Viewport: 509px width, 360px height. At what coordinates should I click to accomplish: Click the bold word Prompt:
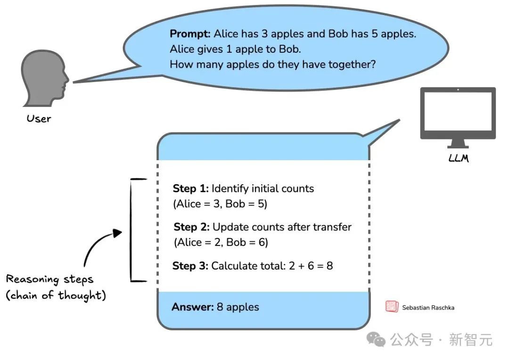click(x=190, y=34)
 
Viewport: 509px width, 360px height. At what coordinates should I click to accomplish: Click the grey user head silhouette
click(x=45, y=78)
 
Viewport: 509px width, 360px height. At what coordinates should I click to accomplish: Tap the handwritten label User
click(x=39, y=118)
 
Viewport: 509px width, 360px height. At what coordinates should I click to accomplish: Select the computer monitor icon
click(x=458, y=117)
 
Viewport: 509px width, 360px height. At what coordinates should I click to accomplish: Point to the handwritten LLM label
click(x=459, y=158)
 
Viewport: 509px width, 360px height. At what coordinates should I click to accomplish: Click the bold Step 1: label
click(x=190, y=188)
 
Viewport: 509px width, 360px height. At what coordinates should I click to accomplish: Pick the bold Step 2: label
click(x=191, y=227)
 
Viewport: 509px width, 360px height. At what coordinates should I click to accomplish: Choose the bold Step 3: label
click(x=190, y=266)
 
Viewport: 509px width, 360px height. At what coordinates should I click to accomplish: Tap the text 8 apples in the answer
click(x=238, y=307)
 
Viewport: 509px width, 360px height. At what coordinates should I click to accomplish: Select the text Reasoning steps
click(x=49, y=279)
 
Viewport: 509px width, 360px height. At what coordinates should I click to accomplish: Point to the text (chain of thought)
click(x=56, y=295)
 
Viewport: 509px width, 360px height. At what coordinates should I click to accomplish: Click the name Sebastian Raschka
click(x=428, y=308)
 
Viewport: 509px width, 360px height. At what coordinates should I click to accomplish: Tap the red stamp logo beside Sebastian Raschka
click(x=392, y=306)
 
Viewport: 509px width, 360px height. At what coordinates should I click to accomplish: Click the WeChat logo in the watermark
click(x=376, y=339)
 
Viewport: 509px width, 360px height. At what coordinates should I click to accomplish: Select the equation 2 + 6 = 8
click(x=311, y=266)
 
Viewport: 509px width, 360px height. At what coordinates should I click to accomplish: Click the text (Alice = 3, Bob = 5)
click(x=220, y=204)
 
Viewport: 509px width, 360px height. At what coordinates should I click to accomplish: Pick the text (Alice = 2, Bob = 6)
click(x=221, y=242)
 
